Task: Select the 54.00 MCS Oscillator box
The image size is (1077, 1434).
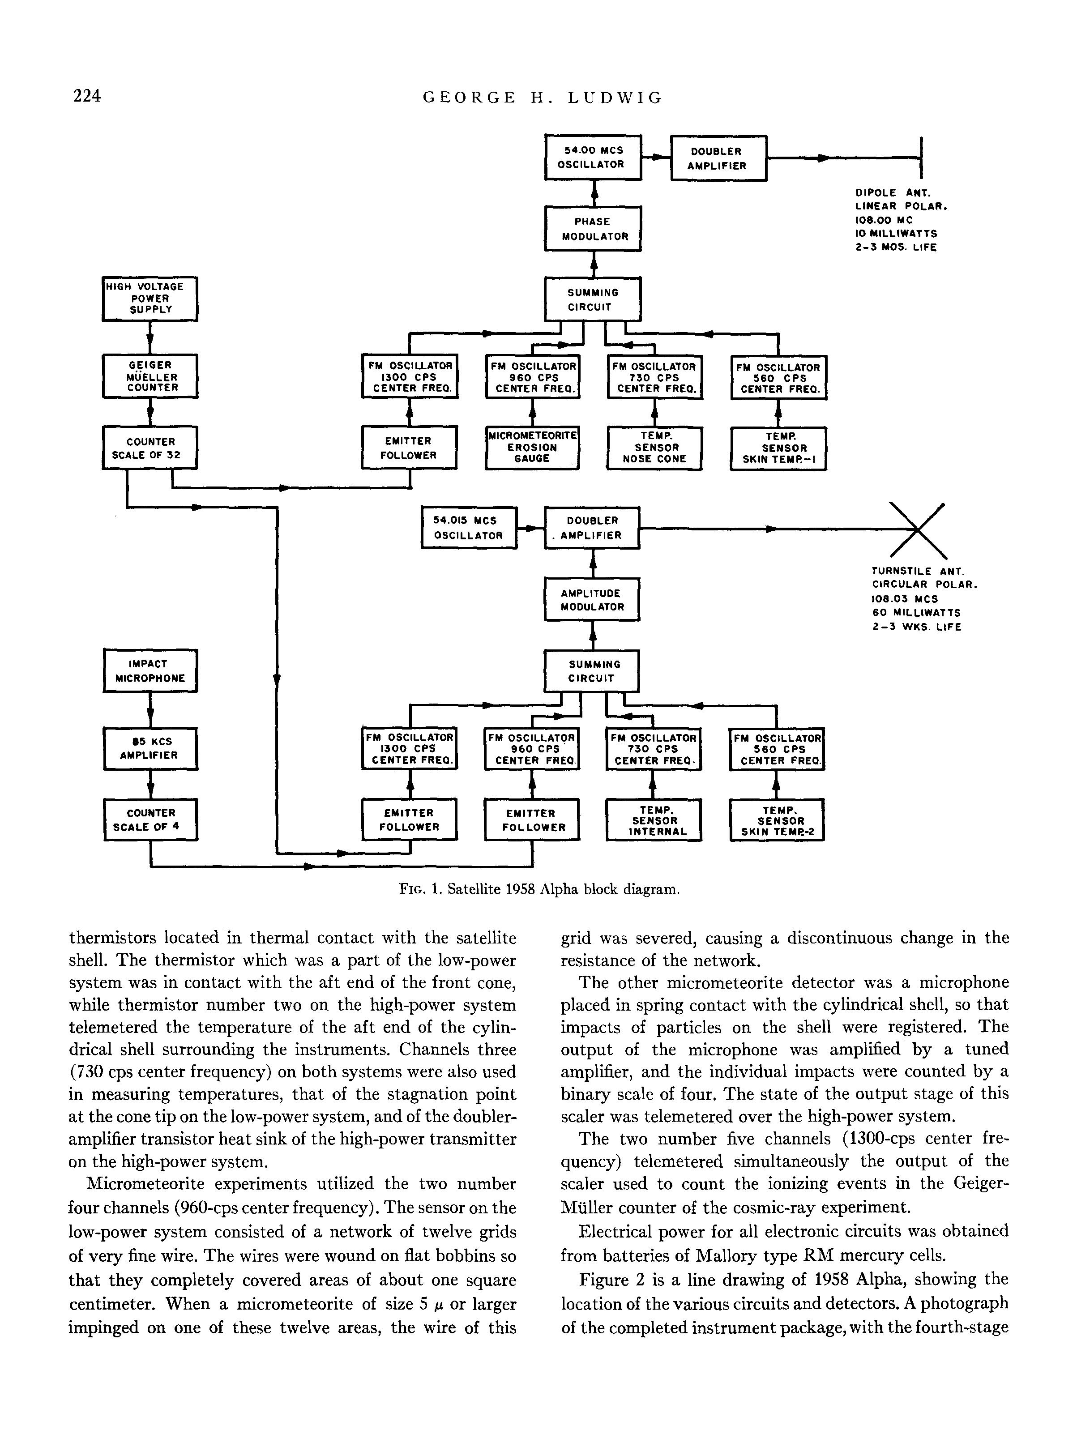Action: [x=593, y=158]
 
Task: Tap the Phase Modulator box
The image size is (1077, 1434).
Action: [x=593, y=229]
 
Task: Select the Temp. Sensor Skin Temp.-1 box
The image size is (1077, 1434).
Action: [x=778, y=448]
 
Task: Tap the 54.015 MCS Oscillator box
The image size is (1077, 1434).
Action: [x=469, y=528]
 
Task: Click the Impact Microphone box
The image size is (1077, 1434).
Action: [x=150, y=671]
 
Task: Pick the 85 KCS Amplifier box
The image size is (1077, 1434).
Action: [x=150, y=749]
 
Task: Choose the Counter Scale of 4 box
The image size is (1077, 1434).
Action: [x=150, y=820]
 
